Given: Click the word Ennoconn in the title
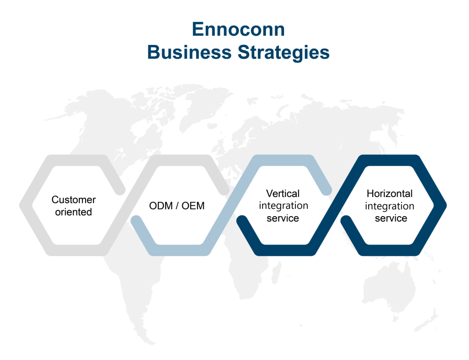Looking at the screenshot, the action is [238, 29].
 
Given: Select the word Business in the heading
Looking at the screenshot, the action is [189, 52].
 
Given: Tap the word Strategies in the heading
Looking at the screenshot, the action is [284, 53].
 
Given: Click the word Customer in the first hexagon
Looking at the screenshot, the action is [74, 199].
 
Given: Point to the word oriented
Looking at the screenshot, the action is [74, 212].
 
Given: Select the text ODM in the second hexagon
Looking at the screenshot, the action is [161, 206].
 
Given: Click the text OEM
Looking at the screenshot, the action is [193, 206].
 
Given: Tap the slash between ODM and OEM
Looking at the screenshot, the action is [177, 206].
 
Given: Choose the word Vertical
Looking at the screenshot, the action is [283, 193].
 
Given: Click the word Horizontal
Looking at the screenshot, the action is [389, 193].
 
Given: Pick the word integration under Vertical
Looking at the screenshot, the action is [284, 206].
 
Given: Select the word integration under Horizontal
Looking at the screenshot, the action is [389, 206].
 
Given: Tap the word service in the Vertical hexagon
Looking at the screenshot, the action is [283, 218].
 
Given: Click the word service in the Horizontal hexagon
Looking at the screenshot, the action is [391, 218].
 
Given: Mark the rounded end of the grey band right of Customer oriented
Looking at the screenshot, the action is [120, 190].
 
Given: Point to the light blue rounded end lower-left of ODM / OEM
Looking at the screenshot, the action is [136, 221].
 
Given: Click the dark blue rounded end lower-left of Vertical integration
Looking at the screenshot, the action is [242, 221].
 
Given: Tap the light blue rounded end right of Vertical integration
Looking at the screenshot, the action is [326, 190].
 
